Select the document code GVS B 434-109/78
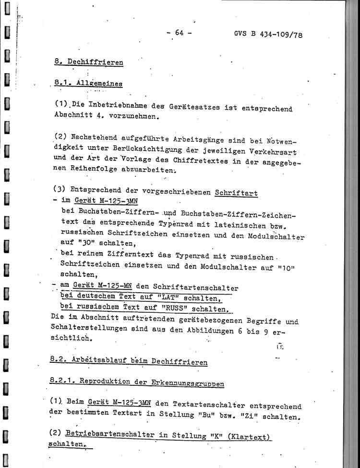point(268,35)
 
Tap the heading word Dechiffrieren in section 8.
point(95,62)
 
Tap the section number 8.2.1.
point(61,381)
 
